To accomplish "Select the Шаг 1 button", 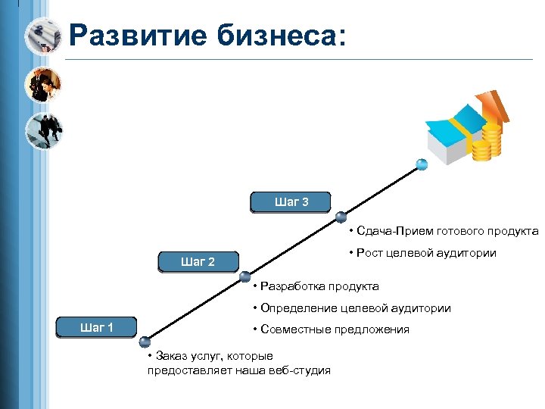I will pyautogui.click(x=97, y=327).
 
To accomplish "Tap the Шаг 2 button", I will pyautogui.click(x=198, y=262).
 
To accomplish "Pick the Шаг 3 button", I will pyautogui.click(x=291, y=202).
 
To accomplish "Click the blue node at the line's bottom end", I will pyautogui.click(x=145, y=342).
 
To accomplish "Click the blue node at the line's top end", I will pyautogui.click(x=422, y=164).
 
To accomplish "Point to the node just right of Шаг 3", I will pyautogui.click(x=341, y=217).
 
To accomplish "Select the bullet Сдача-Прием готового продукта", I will pyautogui.click(x=444, y=231).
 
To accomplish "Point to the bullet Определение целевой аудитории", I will pyautogui.click(x=352, y=308).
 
